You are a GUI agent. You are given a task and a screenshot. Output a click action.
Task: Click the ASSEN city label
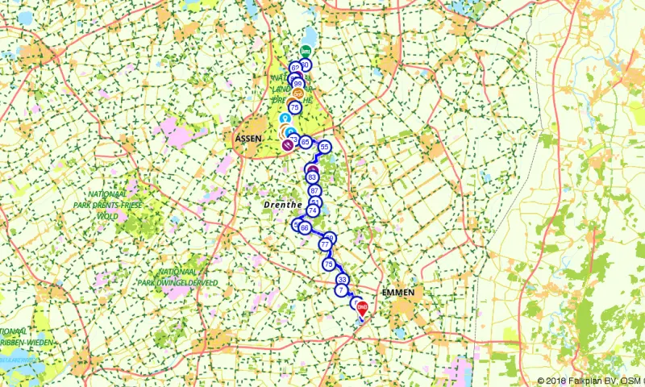(x=248, y=138)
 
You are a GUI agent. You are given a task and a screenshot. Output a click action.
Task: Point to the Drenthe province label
(x=281, y=206)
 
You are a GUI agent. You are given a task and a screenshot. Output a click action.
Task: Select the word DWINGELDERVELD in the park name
(x=189, y=283)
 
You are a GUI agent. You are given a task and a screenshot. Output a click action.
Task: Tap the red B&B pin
(x=362, y=307)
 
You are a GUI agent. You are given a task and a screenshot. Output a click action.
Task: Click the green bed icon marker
(x=306, y=52)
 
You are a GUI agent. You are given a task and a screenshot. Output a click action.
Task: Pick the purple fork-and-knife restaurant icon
(x=288, y=144)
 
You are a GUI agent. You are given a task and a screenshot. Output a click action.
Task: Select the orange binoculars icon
(x=298, y=91)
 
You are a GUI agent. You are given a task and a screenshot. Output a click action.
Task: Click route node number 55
(x=325, y=147)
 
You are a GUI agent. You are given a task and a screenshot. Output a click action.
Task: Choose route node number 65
(x=306, y=142)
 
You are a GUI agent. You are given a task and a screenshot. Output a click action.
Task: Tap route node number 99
(x=298, y=84)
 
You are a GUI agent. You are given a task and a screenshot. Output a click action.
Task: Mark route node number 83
(x=313, y=177)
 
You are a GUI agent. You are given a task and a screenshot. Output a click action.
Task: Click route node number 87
(x=315, y=190)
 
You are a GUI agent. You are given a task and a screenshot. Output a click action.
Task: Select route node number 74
(x=312, y=210)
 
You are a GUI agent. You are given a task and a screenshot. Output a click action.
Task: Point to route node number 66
(x=305, y=227)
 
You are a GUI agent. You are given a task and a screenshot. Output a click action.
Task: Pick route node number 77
(x=325, y=244)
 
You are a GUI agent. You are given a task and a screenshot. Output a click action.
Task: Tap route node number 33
(x=343, y=279)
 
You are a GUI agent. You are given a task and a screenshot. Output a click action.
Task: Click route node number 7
(x=342, y=289)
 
